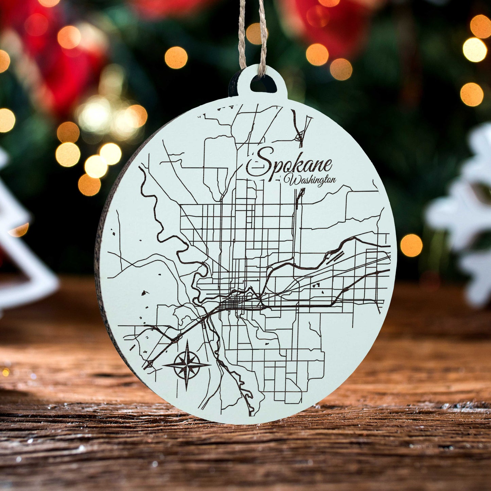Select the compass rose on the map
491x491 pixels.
coord(187,365)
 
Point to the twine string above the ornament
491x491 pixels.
coord(252,31)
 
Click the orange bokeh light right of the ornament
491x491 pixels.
coord(411,245)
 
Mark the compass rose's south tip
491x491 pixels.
coord(187,390)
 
